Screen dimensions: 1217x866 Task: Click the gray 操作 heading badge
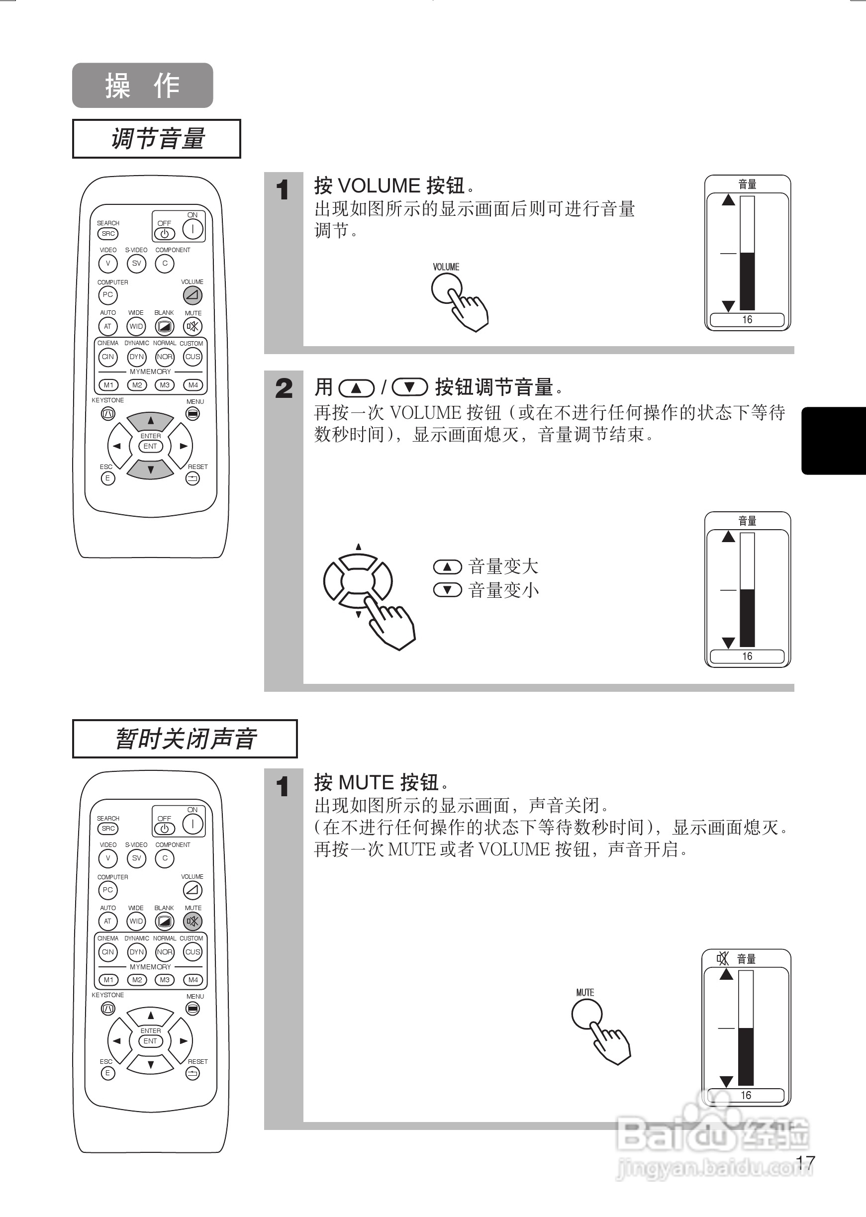click(142, 85)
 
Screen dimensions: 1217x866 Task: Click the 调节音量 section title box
click(156, 139)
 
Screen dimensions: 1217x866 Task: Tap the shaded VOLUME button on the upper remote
click(192, 294)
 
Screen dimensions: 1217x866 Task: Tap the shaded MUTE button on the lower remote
click(192, 921)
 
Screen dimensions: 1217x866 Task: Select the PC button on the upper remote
click(108, 294)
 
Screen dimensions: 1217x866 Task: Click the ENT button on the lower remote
click(150, 1040)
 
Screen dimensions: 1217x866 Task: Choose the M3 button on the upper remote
click(165, 384)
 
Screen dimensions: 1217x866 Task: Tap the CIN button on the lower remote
click(108, 951)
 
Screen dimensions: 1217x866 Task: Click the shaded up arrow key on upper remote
click(150, 421)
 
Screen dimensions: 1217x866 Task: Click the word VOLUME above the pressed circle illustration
click(446, 267)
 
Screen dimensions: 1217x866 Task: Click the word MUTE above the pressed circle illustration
click(584, 992)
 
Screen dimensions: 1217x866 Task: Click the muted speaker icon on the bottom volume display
click(723, 958)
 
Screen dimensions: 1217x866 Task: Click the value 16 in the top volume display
click(747, 319)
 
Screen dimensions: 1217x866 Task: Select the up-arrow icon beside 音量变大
click(447, 566)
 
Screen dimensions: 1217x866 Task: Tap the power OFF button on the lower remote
click(164, 829)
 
